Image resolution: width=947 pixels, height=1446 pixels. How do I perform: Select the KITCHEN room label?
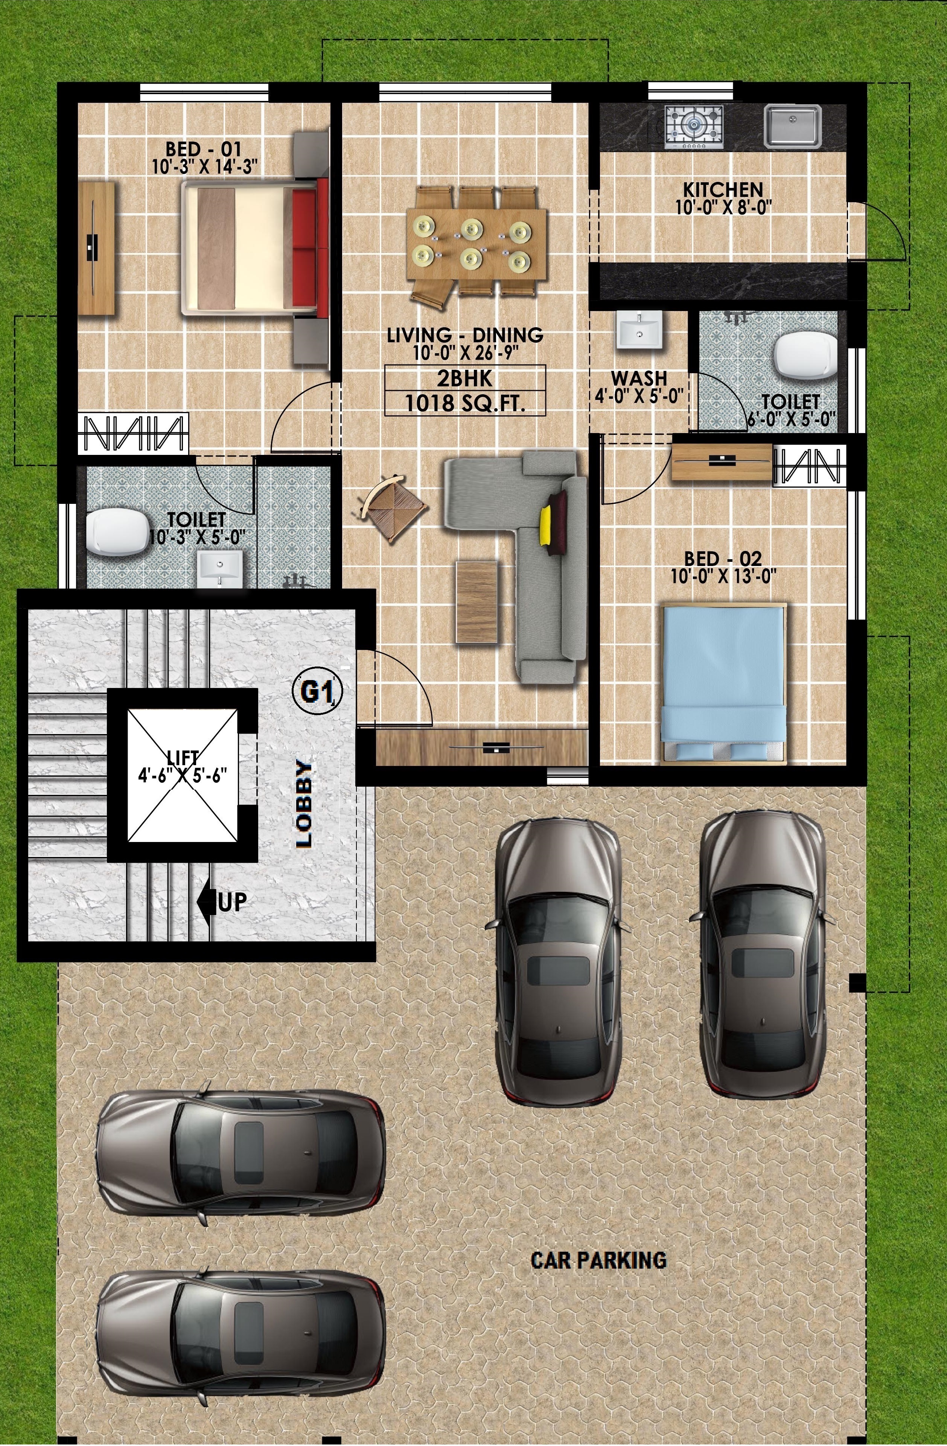point(723,189)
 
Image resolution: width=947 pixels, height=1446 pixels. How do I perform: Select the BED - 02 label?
point(723,558)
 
